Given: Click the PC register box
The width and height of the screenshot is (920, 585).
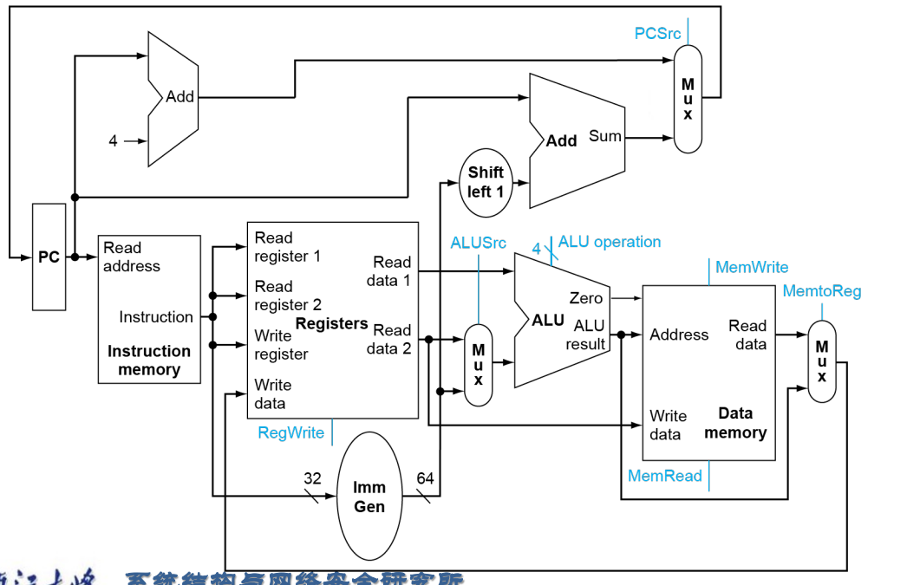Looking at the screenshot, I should pos(49,257).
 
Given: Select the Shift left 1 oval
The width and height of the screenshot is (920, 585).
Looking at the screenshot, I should pos(486,182).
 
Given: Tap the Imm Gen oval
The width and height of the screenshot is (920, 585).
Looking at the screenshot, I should pos(369,497).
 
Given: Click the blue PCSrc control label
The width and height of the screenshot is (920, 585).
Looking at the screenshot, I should pos(658,33).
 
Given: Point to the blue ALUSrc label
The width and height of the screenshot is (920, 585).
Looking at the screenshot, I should pos(478,243).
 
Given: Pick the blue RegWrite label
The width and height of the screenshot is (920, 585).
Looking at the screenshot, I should pos(290,432).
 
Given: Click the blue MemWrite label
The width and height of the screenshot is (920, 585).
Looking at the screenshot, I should pos(752,267).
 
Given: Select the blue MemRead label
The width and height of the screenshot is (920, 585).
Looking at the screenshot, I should pos(664,476).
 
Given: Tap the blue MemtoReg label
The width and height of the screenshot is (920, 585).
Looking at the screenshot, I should pos(822,291).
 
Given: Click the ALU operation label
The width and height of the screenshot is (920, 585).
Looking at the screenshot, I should pos(610,242).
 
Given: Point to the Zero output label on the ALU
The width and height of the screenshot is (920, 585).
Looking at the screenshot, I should pos(586,298).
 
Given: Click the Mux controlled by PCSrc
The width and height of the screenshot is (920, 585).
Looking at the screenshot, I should pos(688,99).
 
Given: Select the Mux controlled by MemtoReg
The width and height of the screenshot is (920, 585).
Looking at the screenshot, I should pos(821,361).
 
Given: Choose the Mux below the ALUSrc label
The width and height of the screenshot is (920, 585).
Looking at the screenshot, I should pos(478,364).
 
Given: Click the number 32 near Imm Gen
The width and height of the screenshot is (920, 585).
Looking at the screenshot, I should pos(312,478).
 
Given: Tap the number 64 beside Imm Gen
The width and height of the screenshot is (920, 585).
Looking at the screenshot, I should pos(426,478).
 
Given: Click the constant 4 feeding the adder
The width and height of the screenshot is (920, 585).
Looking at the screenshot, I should pos(113,140).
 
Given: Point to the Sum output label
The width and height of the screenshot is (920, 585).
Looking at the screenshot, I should pos(604,136).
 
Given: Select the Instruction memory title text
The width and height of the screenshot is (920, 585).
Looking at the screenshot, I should pos(149,361).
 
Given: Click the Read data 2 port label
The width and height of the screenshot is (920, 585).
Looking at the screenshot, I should pos(389,339).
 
